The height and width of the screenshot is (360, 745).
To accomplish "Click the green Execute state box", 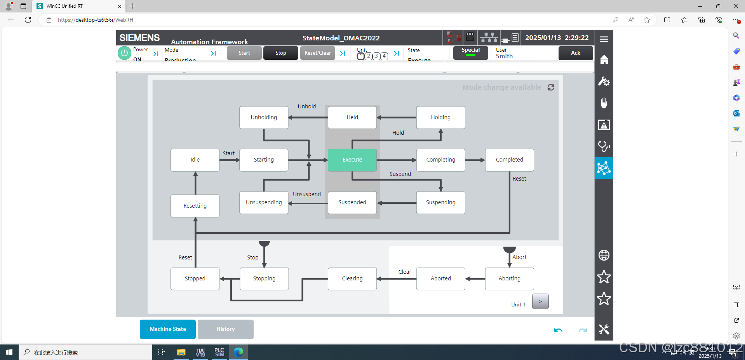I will coord(352,160).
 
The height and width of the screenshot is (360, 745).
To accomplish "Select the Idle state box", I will coord(195,160).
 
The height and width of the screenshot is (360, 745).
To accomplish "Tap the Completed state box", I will coord(509,160).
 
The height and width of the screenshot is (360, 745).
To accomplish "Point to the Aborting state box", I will coord(509,278).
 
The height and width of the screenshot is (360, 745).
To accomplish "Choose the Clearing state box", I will coord(352,278).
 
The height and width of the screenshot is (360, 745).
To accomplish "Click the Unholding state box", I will coord(264,117).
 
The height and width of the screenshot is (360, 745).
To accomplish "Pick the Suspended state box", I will coord(352,202).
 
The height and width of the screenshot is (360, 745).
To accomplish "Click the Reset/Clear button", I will coord(317,53).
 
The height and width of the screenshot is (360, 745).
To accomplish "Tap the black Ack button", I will coord(575,53).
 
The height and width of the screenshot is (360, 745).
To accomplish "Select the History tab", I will coord(225,329).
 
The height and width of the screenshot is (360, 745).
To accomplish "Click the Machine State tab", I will coord(168,329).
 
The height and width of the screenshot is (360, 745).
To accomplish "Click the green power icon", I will coord(124,53).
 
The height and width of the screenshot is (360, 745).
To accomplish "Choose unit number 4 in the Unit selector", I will coord(384,56).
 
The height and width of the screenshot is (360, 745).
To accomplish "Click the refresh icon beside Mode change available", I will coord(551,87).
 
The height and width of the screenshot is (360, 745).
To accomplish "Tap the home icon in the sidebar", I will coord(604,59).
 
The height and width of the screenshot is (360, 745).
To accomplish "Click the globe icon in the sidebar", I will coord(604,255).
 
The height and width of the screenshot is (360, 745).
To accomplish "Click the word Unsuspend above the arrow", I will coord(306,194).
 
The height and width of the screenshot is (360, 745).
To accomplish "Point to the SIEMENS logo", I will coord(139,38).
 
